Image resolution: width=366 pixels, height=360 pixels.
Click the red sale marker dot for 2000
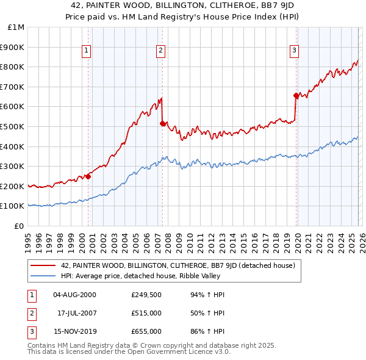click(x=88, y=176)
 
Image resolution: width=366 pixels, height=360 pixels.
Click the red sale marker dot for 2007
click(x=162, y=123)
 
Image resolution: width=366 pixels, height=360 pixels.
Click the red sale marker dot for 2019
click(x=296, y=95)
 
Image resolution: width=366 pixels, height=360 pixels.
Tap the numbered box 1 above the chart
click(x=87, y=51)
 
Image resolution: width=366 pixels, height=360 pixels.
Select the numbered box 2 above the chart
click(x=160, y=51)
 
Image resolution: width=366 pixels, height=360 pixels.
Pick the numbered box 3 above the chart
click(x=294, y=51)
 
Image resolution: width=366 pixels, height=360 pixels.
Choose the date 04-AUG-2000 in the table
click(x=74, y=294)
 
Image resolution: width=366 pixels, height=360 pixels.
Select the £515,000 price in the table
click(x=146, y=313)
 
